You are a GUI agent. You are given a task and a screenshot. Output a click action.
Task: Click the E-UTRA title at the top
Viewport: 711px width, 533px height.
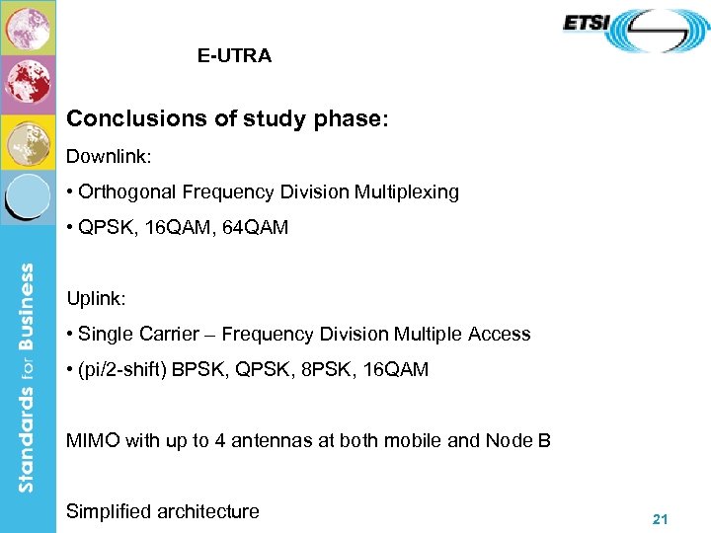coord(234,56)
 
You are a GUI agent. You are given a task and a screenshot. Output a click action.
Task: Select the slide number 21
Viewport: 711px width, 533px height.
coord(661,518)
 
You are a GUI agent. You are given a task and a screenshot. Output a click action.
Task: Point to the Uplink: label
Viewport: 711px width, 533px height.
coord(96,297)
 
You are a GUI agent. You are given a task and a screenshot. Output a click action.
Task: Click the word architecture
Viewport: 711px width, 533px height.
coord(208,511)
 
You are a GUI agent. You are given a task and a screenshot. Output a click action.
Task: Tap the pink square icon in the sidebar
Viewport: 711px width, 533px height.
coord(28,28)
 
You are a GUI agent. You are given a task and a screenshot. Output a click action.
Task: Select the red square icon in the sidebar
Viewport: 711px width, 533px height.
coord(28,83)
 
